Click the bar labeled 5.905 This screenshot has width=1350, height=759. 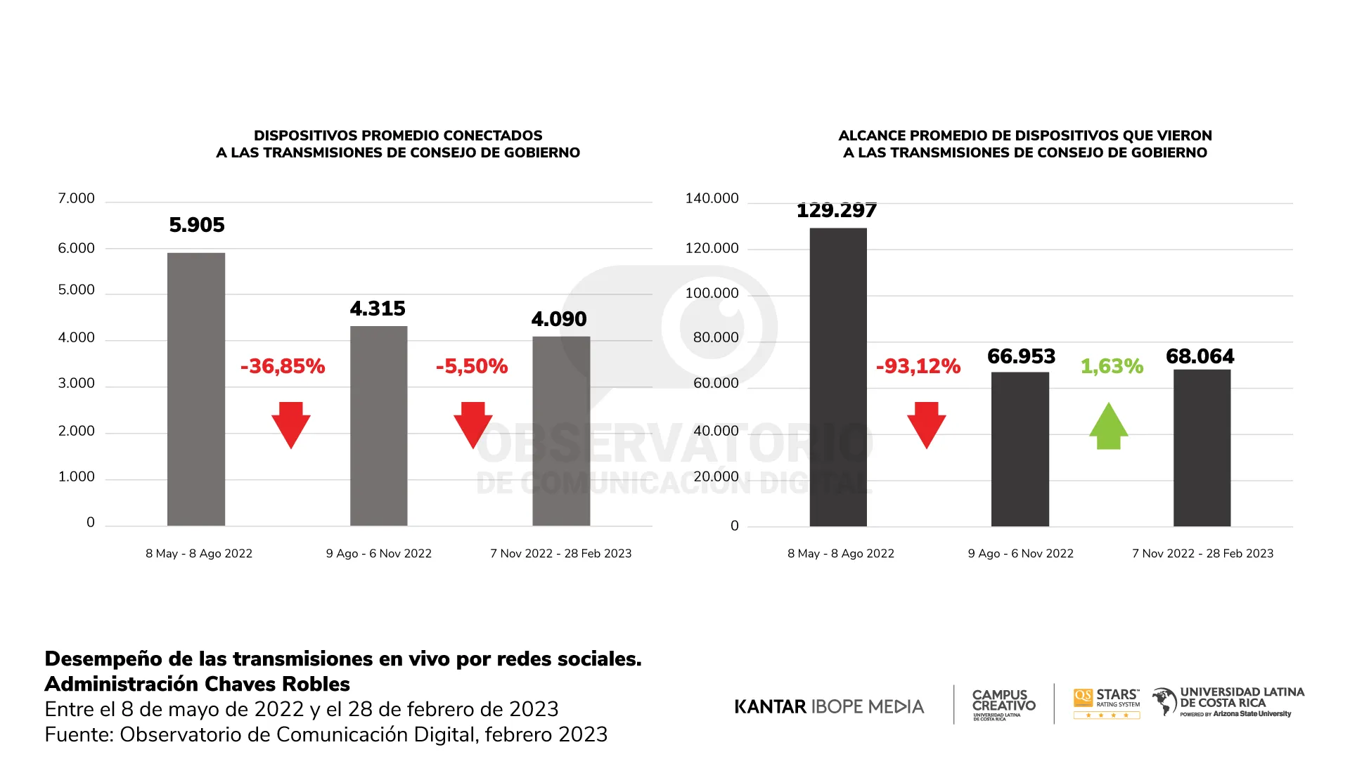[x=196, y=389]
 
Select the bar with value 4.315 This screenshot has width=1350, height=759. [x=378, y=425]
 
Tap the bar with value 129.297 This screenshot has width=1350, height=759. [x=838, y=377]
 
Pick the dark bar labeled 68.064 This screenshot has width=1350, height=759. [x=1202, y=448]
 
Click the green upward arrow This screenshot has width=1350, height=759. [x=1109, y=426]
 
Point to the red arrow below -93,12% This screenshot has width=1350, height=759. [x=926, y=424]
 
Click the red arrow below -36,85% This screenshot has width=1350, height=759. [x=291, y=424]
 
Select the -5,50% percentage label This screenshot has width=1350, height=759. [x=472, y=366]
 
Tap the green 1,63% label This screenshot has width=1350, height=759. [x=1112, y=366]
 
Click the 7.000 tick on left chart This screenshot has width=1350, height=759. [x=76, y=199]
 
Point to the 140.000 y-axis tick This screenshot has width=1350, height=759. [x=712, y=199]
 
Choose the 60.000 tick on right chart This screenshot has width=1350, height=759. [x=716, y=384]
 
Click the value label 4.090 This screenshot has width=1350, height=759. [x=559, y=319]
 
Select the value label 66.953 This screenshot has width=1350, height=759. [x=1021, y=356]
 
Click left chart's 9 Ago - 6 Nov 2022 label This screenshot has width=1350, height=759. [x=378, y=554]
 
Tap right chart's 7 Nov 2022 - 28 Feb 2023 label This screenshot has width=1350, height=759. [x=1202, y=554]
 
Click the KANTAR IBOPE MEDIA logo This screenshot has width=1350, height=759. [x=829, y=706]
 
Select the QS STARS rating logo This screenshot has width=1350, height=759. [x=1107, y=703]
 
